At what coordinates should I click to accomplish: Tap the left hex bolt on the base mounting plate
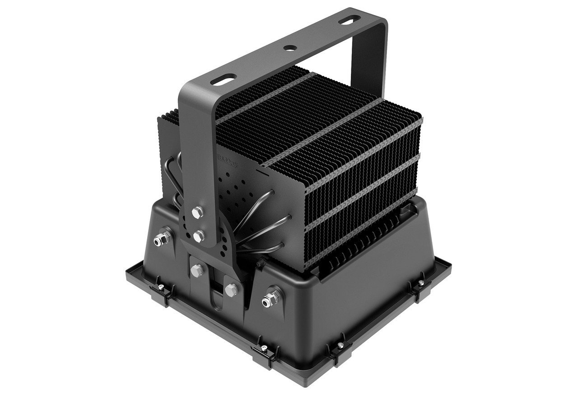pyautogui.click(x=197, y=270)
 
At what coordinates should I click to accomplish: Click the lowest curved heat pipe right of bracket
pyautogui.click(x=266, y=248)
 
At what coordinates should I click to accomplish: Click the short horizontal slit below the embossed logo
pyautogui.click(x=261, y=171)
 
